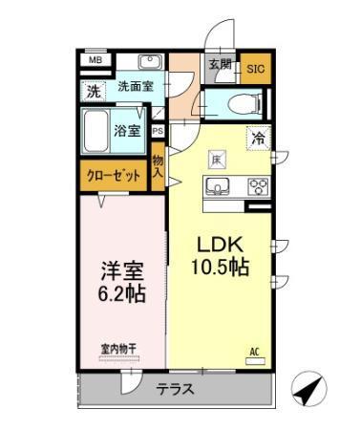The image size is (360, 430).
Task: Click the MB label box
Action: tap(95, 60)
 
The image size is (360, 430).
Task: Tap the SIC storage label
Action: tap(255, 68)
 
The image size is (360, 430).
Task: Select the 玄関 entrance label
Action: tap(220, 65)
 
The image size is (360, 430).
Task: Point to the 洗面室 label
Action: tap(136, 87)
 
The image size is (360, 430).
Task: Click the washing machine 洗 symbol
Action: tap(93, 92)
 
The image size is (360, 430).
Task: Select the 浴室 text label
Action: tap(130, 130)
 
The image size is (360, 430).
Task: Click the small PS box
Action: tap(158, 131)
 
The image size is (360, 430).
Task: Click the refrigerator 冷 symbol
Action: tap(257, 138)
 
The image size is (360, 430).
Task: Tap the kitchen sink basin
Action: tap(216, 186)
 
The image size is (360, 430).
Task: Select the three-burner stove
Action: tap(256, 186)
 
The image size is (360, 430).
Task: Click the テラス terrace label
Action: tap(175, 389)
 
